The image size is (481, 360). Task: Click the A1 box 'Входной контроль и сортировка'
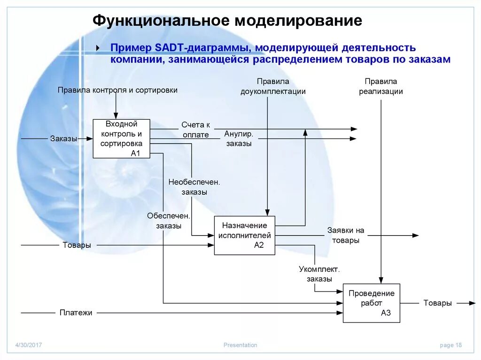(x=121, y=138)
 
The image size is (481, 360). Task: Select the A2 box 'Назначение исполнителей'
(x=244, y=235)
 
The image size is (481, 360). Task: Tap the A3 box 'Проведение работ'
(x=371, y=303)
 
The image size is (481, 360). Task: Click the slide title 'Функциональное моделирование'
(x=227, y=21)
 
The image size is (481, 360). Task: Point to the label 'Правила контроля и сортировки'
(x=117, y=90)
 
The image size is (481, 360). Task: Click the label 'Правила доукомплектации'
(x=273, y=86)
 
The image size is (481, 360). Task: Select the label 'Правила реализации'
(x=381, y=86)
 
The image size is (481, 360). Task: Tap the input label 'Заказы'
(x=63, y=138)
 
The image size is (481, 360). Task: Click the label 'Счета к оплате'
(x=195, y=130)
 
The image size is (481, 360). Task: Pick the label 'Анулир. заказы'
(x=239, y=139)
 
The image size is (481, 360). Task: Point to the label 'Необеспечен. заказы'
(x=194, y=187)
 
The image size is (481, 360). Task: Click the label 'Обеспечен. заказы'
(x=168, y=221)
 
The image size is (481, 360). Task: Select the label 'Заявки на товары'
(x=346, y=235)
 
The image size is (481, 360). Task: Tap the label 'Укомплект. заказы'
(x=319, y=274)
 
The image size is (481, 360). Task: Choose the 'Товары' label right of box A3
(x=437, y=303)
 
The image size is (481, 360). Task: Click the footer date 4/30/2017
(x=29, y=345)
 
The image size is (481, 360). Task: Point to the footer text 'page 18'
(x=450, y=345)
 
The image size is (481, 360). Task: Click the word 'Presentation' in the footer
(x=240, y=345)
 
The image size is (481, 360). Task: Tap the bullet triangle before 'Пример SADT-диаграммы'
(x=97, y=48)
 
